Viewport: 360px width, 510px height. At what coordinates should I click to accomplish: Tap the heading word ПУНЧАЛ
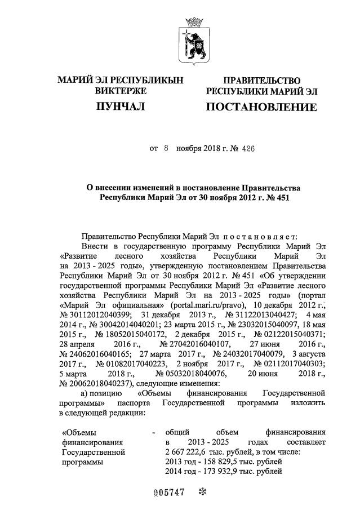(x=121, y=106)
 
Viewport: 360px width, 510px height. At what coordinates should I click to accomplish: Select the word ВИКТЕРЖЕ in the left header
(x=121, y=90)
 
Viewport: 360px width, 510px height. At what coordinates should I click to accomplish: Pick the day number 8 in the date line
(x=166, y=149)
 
